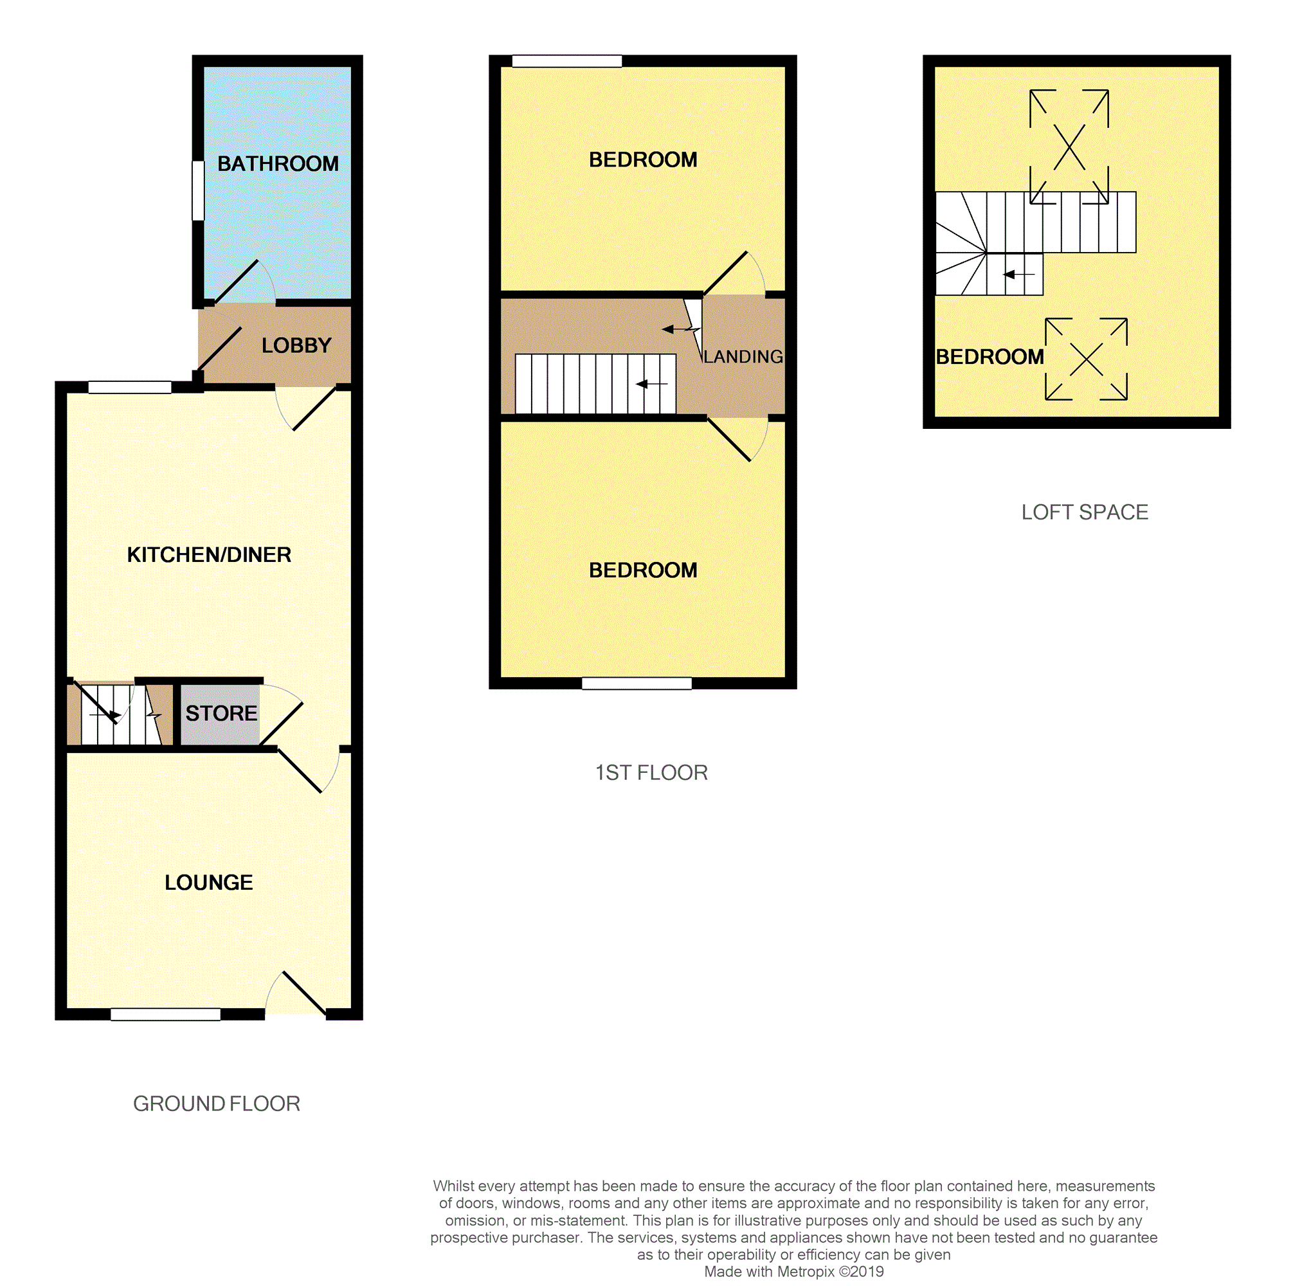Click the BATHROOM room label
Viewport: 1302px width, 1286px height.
[278, 164]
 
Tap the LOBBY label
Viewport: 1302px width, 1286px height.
[296, 346]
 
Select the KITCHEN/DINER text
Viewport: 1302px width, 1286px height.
[209, 555]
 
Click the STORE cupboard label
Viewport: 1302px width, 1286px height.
[221, 713]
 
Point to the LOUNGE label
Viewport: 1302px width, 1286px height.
[209, 882]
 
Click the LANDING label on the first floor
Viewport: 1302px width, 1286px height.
[743, 357]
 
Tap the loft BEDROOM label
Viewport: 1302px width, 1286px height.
[990, 357]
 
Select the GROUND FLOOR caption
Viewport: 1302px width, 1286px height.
[216, 1103]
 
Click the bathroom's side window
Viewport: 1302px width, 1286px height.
[198, 190]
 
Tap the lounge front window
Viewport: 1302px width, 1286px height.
[166, 1015]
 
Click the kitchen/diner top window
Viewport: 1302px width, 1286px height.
[130, 387]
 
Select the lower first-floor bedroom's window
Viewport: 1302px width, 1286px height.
[637, 684]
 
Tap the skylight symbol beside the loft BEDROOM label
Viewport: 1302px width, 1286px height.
[1087, 359]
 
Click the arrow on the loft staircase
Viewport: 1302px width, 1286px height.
[1019, 275]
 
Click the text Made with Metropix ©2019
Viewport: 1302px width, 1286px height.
[794, 1272]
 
